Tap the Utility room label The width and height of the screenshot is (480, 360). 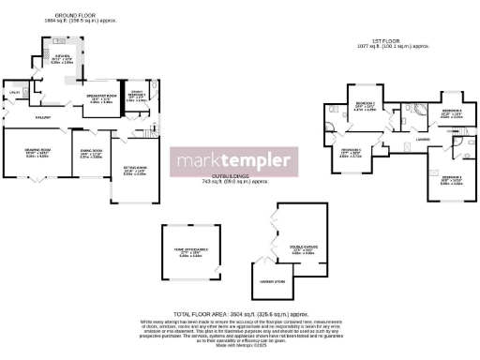click(15, 92)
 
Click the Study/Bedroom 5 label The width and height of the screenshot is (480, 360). click(136, 92)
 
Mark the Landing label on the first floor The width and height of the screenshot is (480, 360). click(423, 140)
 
